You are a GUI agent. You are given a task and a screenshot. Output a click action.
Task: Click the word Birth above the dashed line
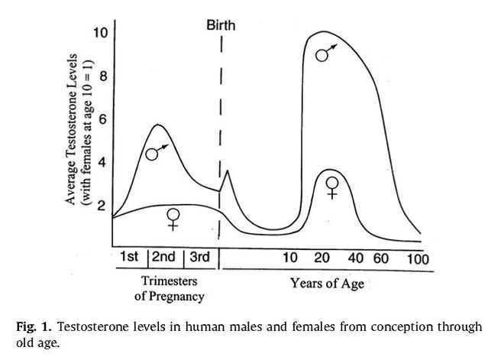[x=221, y=24]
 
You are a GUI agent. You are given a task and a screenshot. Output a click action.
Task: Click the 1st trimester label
[x=129, y=257]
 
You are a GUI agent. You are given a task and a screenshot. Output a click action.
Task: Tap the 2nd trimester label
[x=165, y=257]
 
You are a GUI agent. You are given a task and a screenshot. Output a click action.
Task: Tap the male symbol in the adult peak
[x=326, y=53]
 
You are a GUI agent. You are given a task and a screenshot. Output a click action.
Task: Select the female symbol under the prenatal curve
[x=174, y=219]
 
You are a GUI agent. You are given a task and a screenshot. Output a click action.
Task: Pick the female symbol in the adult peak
[x=332, y=186]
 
